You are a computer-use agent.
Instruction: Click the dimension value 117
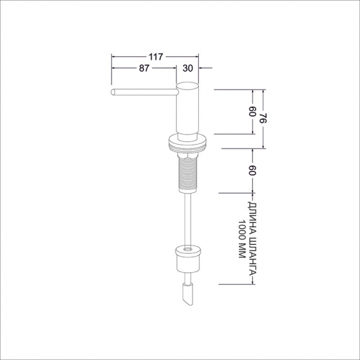[x=156, y=57]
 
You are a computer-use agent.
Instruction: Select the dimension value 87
[x=144, y=68]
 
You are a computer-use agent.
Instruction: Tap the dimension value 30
[x=188, y=68]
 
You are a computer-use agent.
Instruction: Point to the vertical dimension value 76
[x=262, y=118]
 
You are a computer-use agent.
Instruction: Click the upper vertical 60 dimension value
[x=252, y=111]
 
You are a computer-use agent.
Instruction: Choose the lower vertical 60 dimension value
[x=252, y=170]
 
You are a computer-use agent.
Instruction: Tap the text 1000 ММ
[x=242, y=239]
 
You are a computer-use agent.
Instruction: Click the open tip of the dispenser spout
[x=113, y=92]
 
